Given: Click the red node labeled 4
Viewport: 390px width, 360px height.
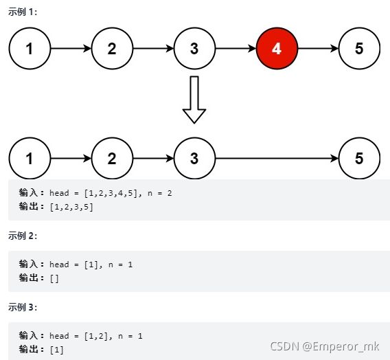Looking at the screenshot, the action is [277, 48].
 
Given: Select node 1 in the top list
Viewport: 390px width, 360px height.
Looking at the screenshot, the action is [30, 48].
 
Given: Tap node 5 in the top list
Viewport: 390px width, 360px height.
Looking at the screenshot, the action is [359, 48].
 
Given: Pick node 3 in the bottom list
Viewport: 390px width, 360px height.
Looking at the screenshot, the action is [194, 158].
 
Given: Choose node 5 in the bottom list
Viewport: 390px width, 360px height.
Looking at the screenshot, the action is [359, 158].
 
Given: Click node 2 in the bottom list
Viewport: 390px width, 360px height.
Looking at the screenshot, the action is [112, 158].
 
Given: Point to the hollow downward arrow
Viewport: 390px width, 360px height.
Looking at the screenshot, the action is [194, 100].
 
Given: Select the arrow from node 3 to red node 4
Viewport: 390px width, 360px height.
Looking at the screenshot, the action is [236, 48].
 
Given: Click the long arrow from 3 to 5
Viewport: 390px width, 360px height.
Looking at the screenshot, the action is [277, 158].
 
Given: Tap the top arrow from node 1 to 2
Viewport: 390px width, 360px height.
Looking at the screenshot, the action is [71, 48].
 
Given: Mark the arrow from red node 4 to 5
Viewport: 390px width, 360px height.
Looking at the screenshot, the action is [318, 48].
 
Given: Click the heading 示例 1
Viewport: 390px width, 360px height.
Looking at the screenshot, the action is [23, 12].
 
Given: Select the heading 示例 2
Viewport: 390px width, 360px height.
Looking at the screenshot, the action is [23, 236].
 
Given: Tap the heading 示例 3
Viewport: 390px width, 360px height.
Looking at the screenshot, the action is [23, 307].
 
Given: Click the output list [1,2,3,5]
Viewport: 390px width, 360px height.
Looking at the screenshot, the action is [71, 207].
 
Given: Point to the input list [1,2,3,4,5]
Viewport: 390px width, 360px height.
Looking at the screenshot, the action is [111, 193].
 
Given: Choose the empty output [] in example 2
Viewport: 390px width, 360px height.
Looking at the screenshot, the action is [54, 278].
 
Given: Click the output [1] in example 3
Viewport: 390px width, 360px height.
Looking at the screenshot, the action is [57, 350].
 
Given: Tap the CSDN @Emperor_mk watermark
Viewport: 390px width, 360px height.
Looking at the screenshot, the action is [325, 346].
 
